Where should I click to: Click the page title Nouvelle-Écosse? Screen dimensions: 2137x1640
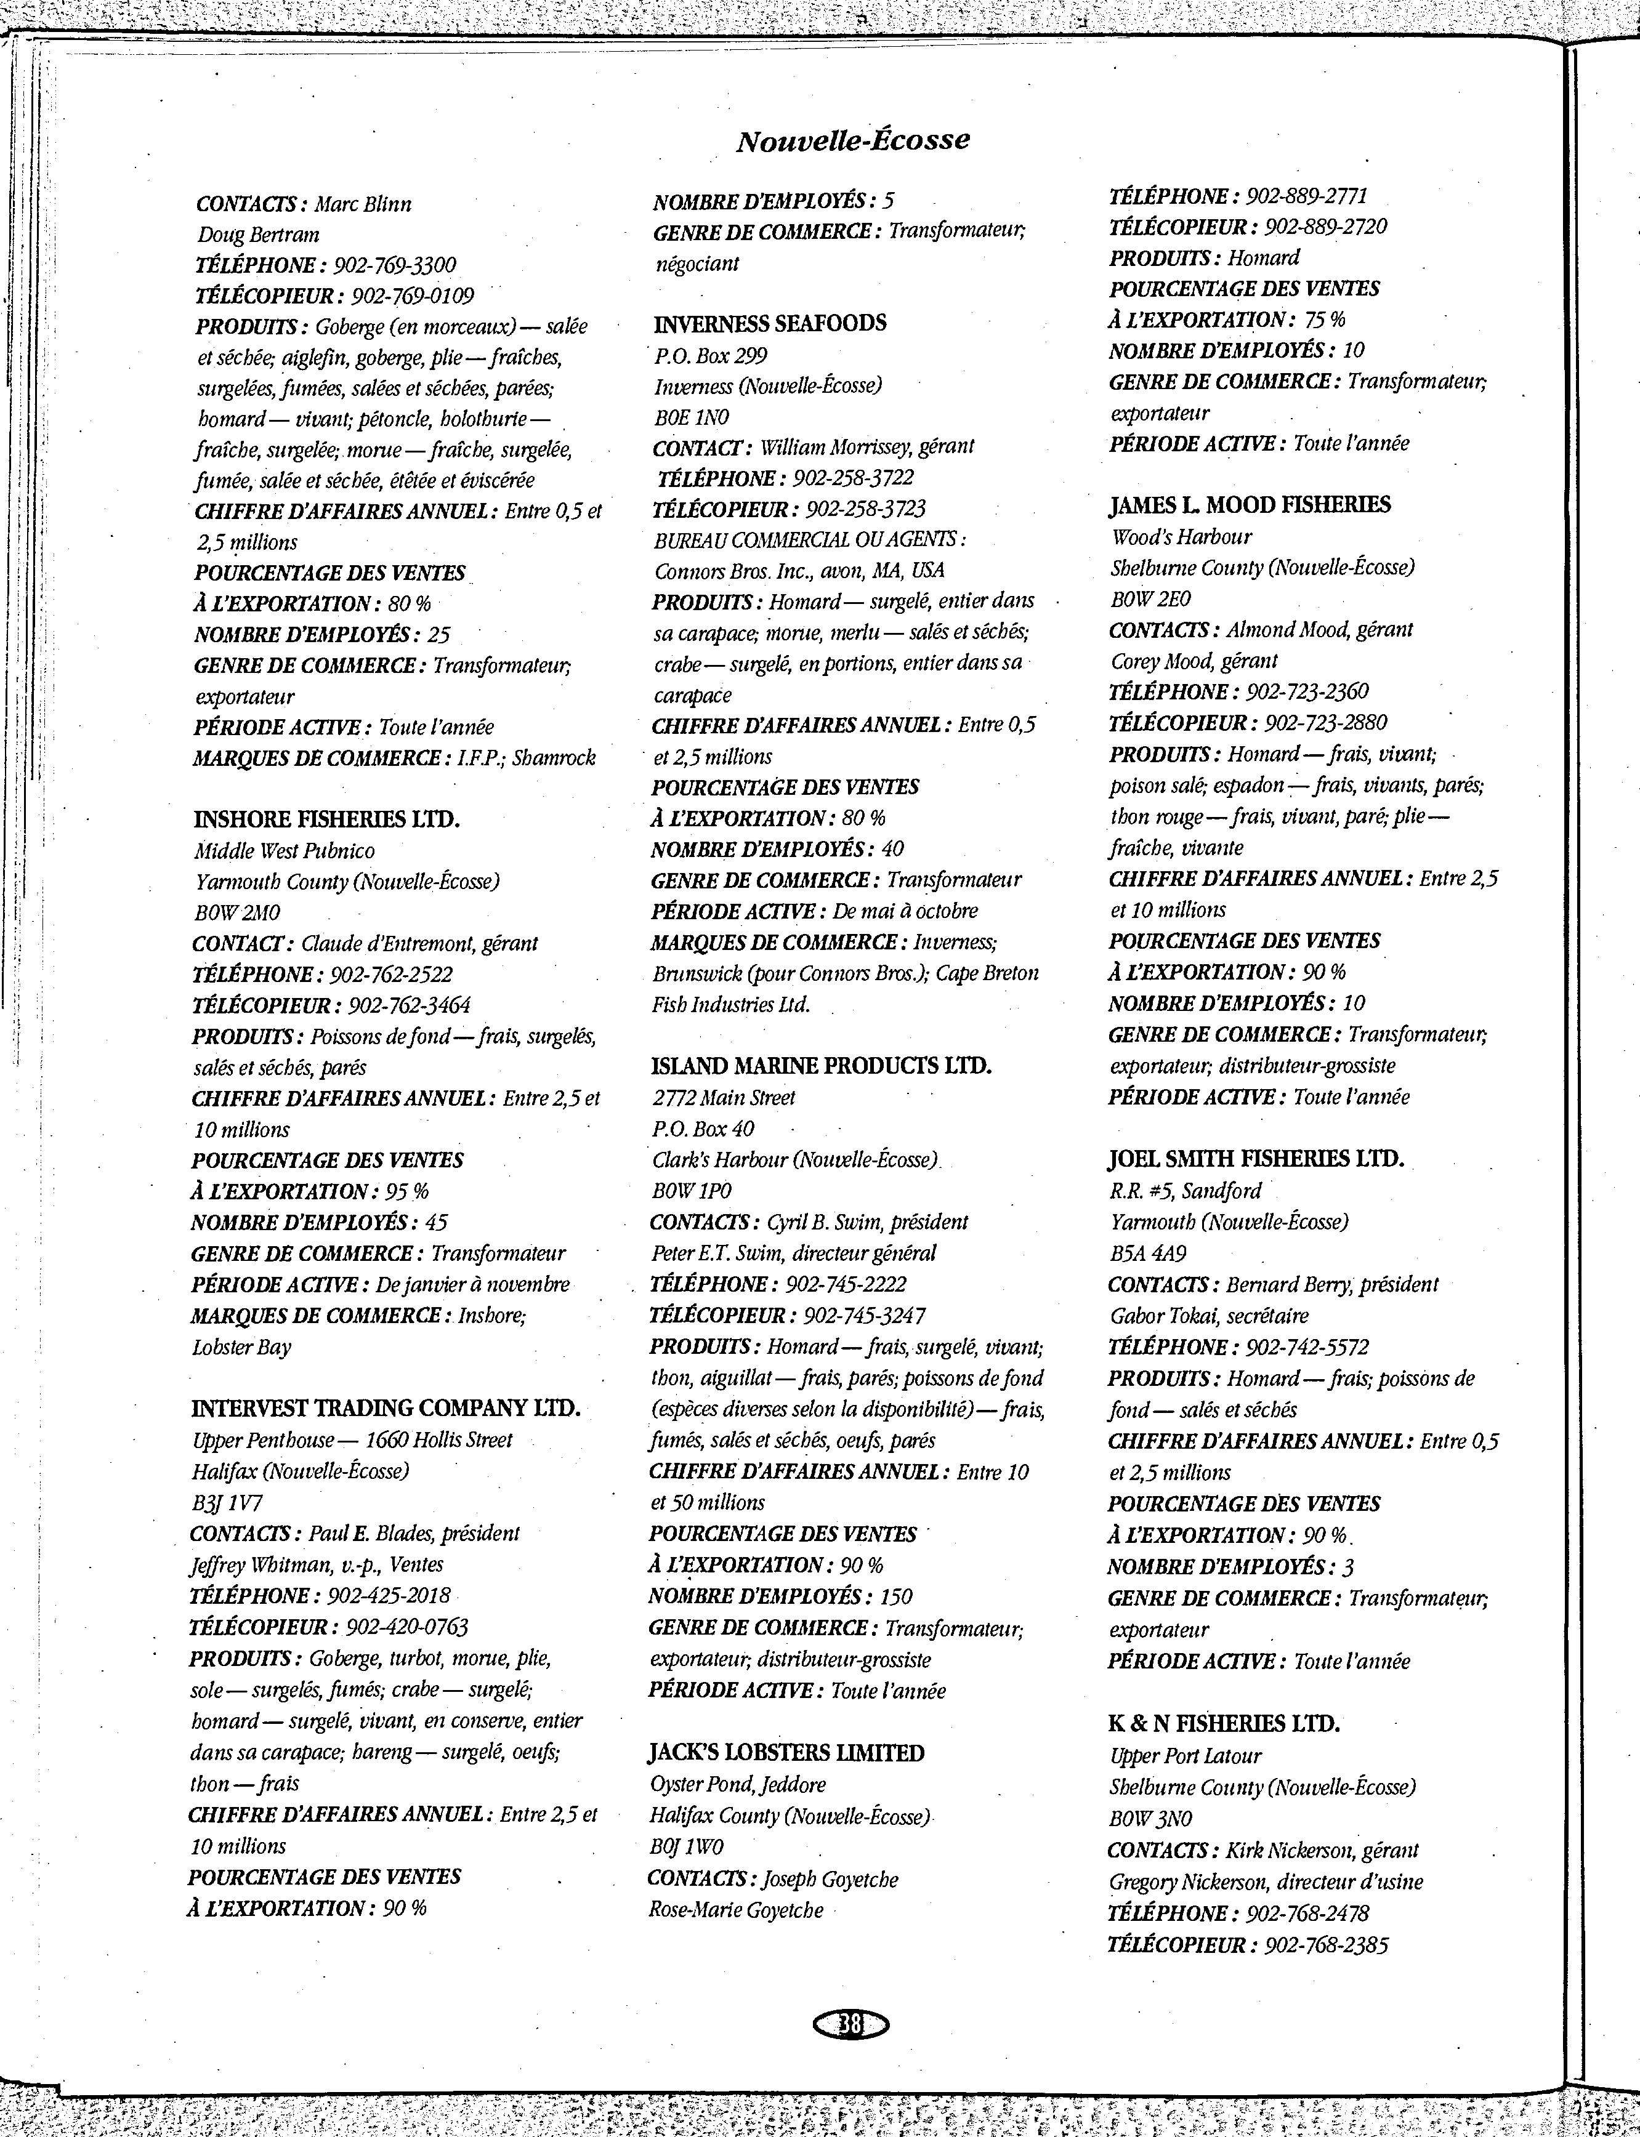pos(852,140)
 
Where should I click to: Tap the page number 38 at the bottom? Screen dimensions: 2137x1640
pos(850,2026)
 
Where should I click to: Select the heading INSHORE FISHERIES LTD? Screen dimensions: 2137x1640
pos(326,819)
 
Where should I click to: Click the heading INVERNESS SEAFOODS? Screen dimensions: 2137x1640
pos(769,324)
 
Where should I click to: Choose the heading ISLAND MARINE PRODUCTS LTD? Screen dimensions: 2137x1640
pos(821,1066)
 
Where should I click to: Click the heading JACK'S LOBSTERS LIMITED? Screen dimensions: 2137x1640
pos(786,1753)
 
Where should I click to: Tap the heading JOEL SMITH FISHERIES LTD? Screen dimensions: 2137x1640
pos(1255,1159)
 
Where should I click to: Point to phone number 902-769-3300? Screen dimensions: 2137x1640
pos(394,265)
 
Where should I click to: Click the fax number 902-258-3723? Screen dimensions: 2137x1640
pos(866,509)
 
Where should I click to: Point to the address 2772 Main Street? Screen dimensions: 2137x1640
pos(724,1098)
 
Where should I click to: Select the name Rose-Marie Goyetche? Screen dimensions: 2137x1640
pos(735,1910)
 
